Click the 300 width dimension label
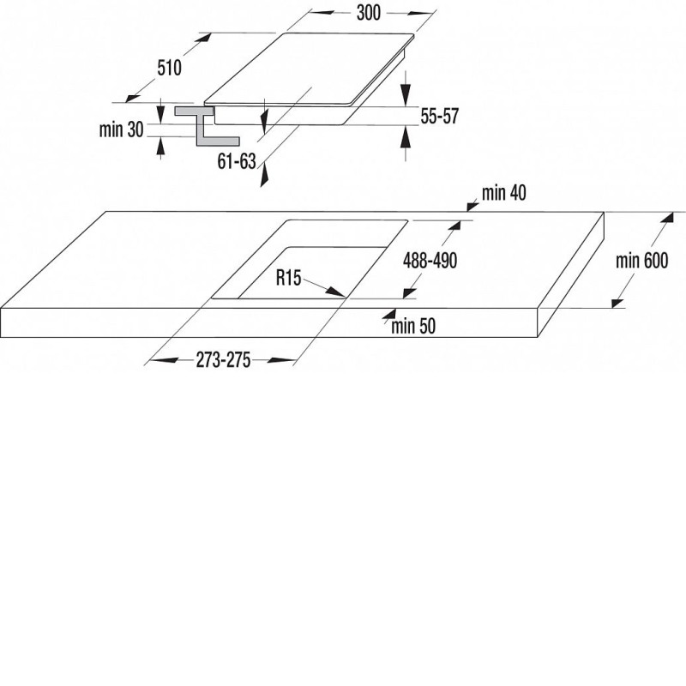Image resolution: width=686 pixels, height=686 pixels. (369, 13)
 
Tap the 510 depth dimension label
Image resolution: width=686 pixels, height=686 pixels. (169, 68)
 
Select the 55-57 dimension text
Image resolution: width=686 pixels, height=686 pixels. (439, 117)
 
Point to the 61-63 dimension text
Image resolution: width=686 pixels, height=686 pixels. (237, 161)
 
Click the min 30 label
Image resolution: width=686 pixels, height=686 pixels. (121, 129)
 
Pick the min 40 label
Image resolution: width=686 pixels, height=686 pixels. (504, 192)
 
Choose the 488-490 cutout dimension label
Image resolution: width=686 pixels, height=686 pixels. (430, 261)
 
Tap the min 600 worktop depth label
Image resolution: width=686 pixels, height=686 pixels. (641, 261)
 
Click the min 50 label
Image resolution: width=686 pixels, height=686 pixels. (413, 327)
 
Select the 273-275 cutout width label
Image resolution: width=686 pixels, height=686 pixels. (223, 360)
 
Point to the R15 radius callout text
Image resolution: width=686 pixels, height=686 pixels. (288, 277)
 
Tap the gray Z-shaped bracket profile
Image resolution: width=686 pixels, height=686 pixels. (207, 125)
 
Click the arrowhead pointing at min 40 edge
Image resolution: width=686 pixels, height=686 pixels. (472, 205)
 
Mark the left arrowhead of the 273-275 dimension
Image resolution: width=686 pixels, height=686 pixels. (163, 360)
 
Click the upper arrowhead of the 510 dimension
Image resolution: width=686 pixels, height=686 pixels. (204, 38)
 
